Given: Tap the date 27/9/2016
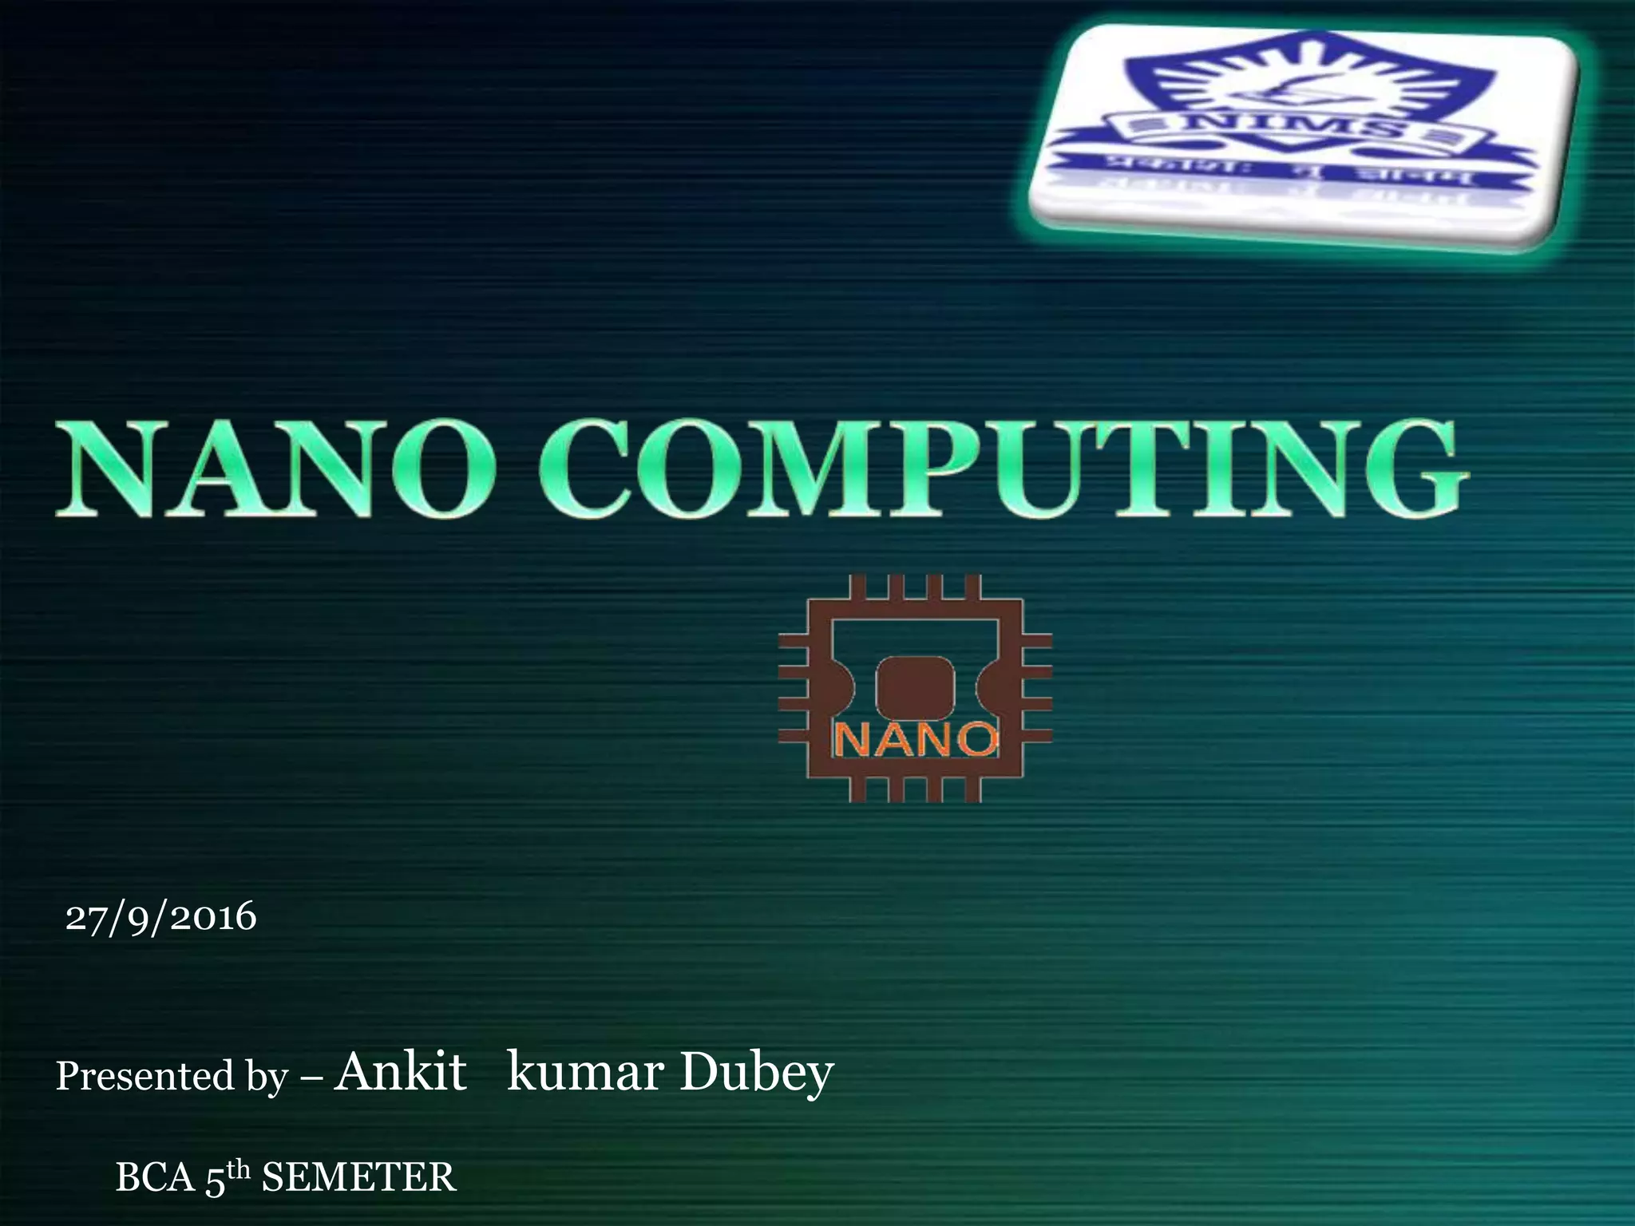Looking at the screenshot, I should [160, 916].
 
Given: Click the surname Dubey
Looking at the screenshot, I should [757, 1073].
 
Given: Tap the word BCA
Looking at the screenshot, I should [155, 1178].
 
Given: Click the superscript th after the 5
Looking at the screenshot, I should [238, 1169].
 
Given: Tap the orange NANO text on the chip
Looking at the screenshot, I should [916, 740].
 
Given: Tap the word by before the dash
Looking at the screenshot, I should [266, 1078].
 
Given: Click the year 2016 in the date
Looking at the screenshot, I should [213, 916].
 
